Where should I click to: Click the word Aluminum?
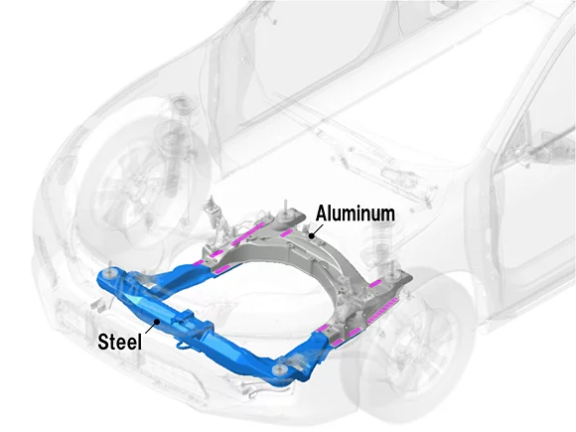point(356,213)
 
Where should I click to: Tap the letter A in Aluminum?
point(323,213)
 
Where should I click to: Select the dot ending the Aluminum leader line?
point(310,234)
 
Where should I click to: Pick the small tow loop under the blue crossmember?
point(184,350)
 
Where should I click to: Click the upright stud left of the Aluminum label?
point(288,211)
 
